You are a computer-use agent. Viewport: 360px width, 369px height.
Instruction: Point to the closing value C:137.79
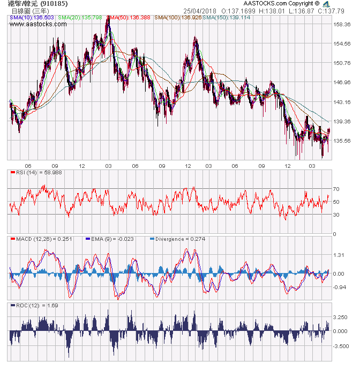(x=331, y=11)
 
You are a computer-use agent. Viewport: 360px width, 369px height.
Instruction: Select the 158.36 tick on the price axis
(x=341, y=25)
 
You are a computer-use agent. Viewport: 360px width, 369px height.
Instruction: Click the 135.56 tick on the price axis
(x=341, y=141)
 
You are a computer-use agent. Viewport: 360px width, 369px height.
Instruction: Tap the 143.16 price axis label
(x=341, y=102)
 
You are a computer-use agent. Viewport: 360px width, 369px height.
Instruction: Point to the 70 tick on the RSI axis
(x=336, y=189)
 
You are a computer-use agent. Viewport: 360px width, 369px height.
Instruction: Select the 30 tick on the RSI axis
(x=336, y=215)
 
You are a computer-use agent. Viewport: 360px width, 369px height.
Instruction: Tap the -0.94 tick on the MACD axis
(x=339, y=287)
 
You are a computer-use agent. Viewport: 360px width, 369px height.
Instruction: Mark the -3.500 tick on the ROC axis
(x=341, y=347)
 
